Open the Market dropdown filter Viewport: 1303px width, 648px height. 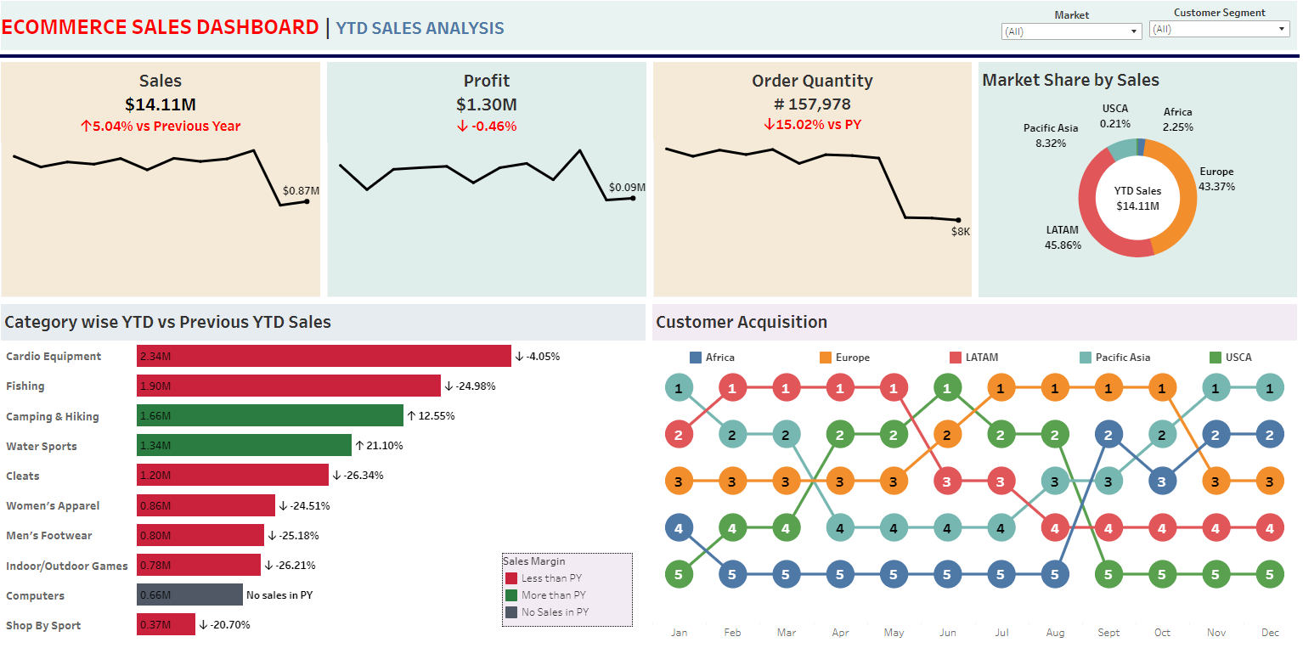coord(1072,31)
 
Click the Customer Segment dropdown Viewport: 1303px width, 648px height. coord(1219,29)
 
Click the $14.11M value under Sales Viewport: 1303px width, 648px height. coord(161,104)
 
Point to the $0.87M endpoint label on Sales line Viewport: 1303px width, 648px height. coord(302,190)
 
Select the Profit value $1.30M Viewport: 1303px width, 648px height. coord(486,104)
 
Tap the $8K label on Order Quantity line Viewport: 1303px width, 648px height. coord(961,231)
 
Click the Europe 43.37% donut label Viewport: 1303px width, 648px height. coord(1216,179)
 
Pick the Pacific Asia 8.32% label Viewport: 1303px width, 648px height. coord(1051,136)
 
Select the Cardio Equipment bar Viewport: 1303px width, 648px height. coord(324,356)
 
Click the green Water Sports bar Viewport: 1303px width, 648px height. coord(244,446)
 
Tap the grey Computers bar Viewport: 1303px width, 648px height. coord(189,595)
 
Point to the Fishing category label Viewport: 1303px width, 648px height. coord(25,386)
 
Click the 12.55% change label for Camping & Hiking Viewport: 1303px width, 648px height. coord(431,416)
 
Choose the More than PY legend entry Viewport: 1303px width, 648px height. coord(553,595)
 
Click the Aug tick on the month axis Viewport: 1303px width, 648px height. coord(1055,633)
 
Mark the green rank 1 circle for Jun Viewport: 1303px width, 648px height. coord(946,388)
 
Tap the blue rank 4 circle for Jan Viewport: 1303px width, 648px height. coord(678,527)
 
